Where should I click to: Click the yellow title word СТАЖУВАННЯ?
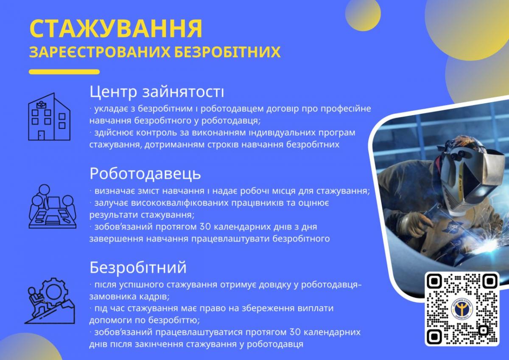tap(116, 29)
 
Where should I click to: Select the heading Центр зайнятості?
tap(157, 92)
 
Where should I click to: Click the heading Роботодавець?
tap(145, 174)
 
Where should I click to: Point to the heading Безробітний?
tap(138, 268)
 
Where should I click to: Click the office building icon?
tap(49, 117)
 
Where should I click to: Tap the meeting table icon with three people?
tap(53, 206)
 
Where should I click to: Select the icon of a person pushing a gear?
tap(50, 301)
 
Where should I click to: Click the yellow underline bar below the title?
tap(64, 72)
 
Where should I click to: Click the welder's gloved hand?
tap(415, 225)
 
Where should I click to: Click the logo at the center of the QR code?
tap(462, 309)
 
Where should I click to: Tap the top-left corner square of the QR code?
tap(434, 281)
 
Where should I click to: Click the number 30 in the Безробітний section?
tap(295, 332)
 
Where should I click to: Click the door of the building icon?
tap(41, 135)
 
